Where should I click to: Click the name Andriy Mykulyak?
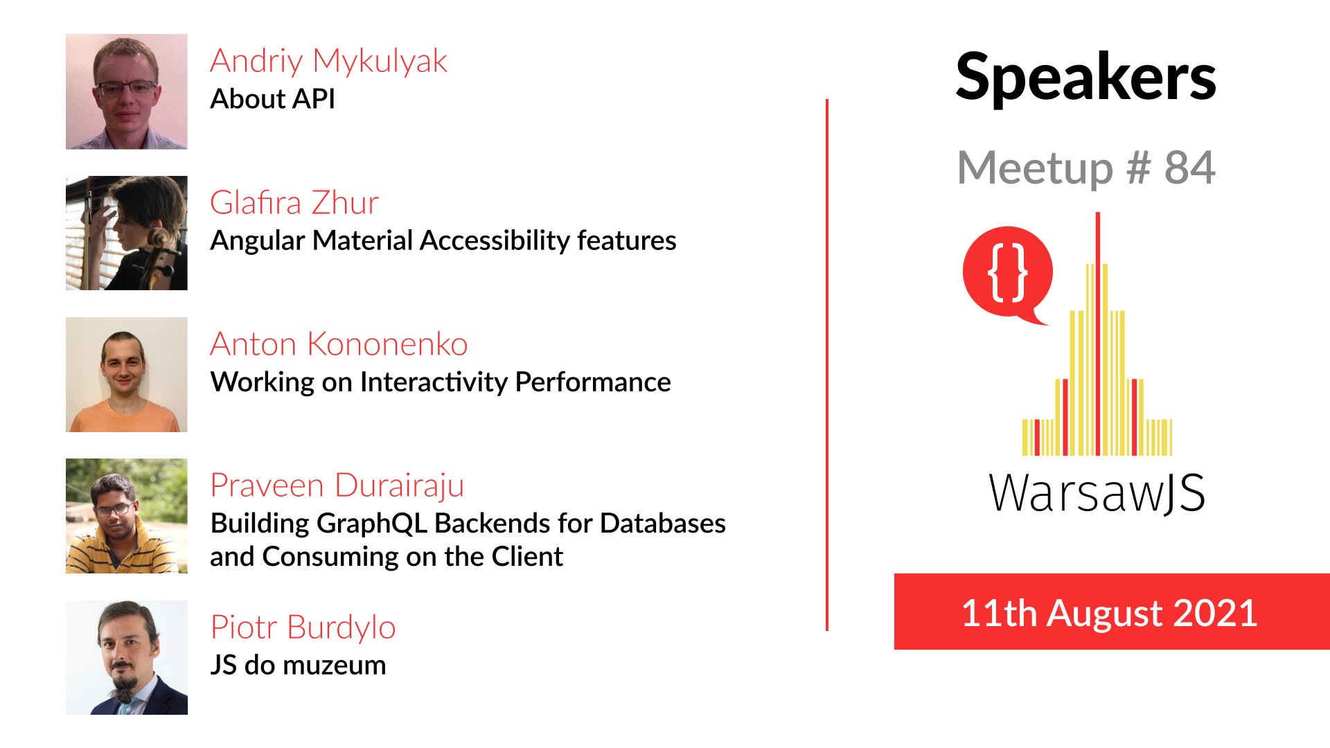329,62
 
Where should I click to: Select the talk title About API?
273,99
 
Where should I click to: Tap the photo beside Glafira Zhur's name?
127,233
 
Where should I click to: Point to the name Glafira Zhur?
294,203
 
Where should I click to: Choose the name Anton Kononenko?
339,344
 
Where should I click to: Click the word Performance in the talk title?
593,382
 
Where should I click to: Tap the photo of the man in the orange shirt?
127,375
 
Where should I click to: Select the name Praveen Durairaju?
337,486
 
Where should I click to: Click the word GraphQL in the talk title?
371,524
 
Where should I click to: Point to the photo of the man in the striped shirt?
127,516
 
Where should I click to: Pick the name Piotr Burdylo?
303,627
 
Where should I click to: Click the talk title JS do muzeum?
299,665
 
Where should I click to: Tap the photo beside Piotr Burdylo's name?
127,657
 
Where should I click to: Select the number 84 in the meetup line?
1189,168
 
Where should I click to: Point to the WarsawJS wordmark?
1097,493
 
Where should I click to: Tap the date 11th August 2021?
1110,613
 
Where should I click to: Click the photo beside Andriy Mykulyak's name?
127,91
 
